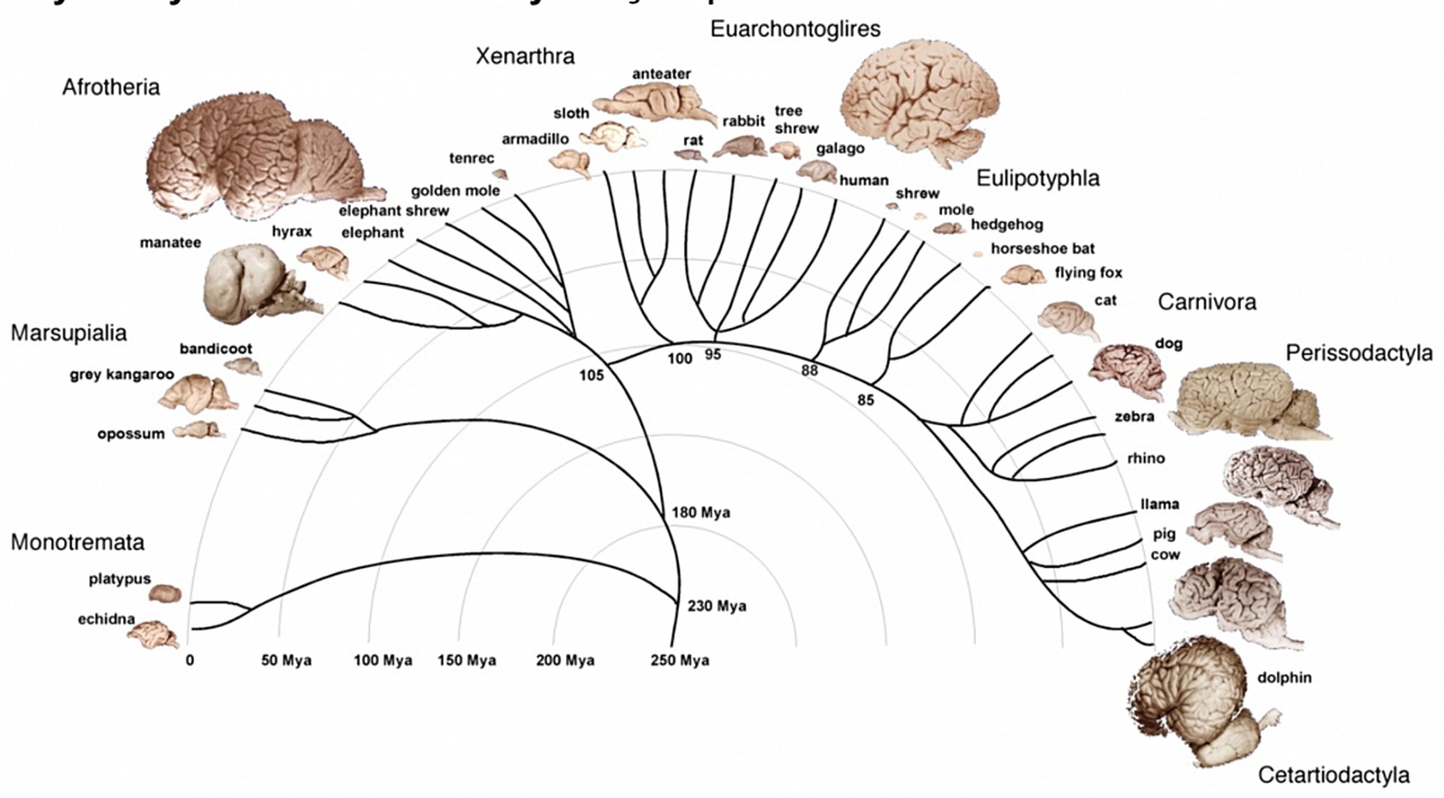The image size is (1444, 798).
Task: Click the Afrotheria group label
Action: click(x=110, y=87)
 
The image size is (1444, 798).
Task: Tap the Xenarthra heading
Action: click(x=525, y=56)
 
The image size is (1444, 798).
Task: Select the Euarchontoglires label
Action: click(x=795, y=29)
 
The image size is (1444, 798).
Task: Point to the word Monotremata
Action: click(x=77, y=542)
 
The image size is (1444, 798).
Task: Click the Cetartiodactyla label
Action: click(x=1334, y=775)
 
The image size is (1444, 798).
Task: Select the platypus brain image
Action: click(x=165, y=593)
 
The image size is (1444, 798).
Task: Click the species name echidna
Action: click(x=106, y=619)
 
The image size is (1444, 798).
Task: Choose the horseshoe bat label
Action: click(x=1043, y=248)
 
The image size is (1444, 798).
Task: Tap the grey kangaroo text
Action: click(x=121, y=375)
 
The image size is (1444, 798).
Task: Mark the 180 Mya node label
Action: click(x=700, y=513)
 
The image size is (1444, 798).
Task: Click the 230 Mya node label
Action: click(x=716, y=606)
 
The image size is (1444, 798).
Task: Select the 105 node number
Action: click(x=591, y=375)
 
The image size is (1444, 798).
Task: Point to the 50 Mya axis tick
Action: click(x=286, y=660)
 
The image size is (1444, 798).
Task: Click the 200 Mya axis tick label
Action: click(x=565, y=660)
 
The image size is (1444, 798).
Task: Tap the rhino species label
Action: click(x=1145, y=458)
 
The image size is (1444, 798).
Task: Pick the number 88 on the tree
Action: click(x=809, y=370)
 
